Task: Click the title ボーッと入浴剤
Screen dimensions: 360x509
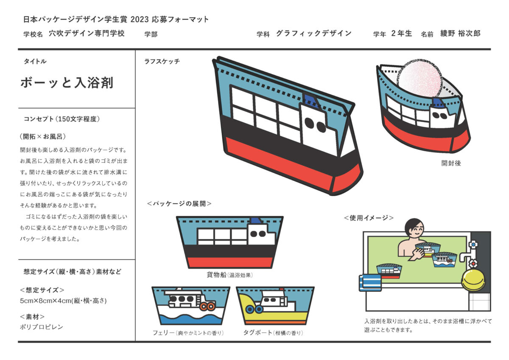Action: [67, 82]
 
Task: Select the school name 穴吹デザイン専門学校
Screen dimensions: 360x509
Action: [87, 34]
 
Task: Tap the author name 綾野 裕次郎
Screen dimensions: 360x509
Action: [460, 34]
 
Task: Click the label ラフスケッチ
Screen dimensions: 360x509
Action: [162, 62]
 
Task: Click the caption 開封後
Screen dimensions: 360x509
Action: [450, 163]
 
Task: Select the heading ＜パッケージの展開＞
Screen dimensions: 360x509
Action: [179, 204]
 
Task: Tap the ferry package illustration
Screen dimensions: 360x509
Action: [190, 305]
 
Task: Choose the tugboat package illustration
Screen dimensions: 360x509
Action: [275, 305]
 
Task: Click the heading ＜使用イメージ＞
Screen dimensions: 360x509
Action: [369, 218]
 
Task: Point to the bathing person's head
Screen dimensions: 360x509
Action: [414, 230]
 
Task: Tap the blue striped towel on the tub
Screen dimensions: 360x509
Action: [370, 283]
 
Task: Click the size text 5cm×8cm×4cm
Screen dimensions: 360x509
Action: [63, 301]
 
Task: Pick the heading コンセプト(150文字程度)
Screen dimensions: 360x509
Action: [62, 119]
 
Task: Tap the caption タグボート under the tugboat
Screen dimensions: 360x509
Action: [257, 333]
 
